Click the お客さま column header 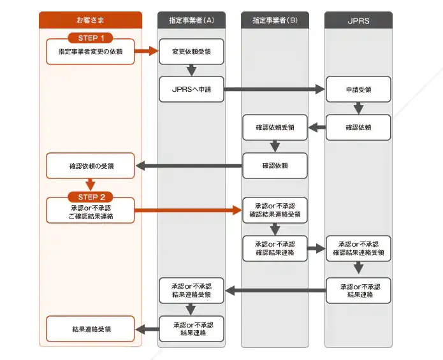pyautogui.click(x=90, y=20)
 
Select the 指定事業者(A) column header pyautogui.click(x=191, y=20)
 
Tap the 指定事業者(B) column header pyautogui.click(x=275, y=20)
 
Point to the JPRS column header pyautogui.click(x=358, y=20)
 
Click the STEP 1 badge pyautogui.click(x=91, y=38)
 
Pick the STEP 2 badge pyautogui.click(x=91, y=197)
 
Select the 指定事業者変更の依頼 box pyautogui.click(x=91, y=51)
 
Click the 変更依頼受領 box pyautogui.click(x=191, y=51)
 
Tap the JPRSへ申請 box pyautogui.click(x=191, y=90)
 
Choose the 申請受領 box pyautogui.click(x=358, y=90)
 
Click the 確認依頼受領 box pyautogui.click(x=275, y=127)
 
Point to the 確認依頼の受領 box pyautogui.click(x=91, y=166)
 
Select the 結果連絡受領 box pyautogui.click(x=91, y=329)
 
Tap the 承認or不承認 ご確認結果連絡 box pyautogui.click(x=91, y=212)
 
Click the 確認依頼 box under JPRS pyautogui.click(x=358, y=127)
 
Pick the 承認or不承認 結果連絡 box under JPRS pyautogui.click(x=358, y=291)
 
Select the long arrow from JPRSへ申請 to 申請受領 pyautogui.click(x=274, y=90)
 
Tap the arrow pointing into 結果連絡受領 pyautogui.click(x=147, y=329)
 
